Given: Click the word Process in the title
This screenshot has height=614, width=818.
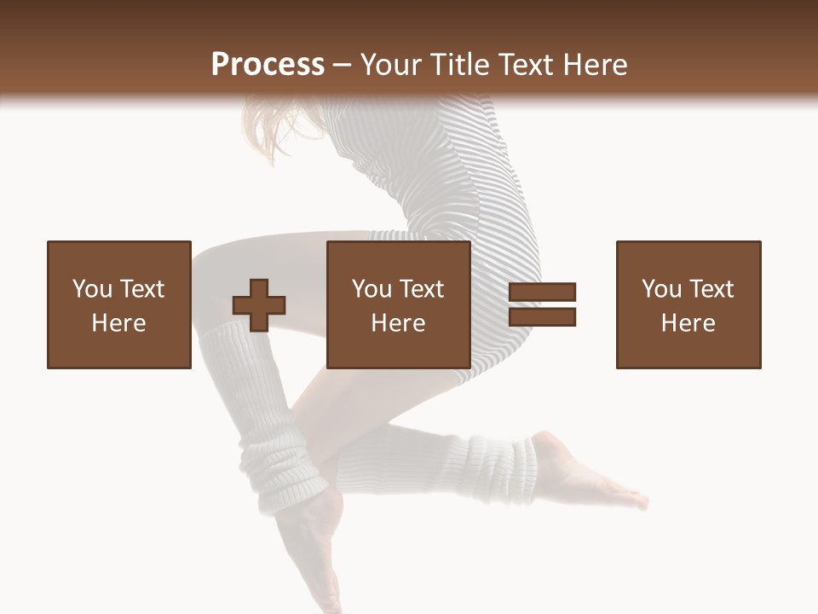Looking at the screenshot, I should pyautogui.click(x=268, y=64).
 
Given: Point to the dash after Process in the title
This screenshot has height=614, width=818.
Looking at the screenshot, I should pyautogui.click(x=342, y=66).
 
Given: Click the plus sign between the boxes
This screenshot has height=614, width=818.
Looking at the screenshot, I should pyautogui.click(x=259, y=305).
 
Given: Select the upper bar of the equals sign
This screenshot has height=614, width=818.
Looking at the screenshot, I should pyautogui.click(x=542, y=293).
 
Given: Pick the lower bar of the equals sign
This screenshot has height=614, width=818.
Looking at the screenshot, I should pyautogui.click(x=542, y=317).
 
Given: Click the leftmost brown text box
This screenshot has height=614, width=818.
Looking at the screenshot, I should pyautogui.click(x=118, y=305).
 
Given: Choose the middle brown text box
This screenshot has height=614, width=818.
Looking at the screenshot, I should pyautogui.click(x=398, y=305).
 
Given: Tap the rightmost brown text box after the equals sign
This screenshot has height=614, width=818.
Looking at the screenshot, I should pyautogui.click(x=688, y=305).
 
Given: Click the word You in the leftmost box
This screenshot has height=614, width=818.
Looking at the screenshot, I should pyautogui.click(x=92, y=289).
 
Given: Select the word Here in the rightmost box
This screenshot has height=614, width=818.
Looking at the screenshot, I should pyautogui.click(x=688, y=323).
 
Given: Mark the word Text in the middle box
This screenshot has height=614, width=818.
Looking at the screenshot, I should pyautogui.click(x=421, y=289).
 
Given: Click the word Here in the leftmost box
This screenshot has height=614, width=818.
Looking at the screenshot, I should pyautogui.click(x=118, y=323).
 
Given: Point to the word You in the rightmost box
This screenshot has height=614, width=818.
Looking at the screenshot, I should pyautogui.click(x=661, y=289).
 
